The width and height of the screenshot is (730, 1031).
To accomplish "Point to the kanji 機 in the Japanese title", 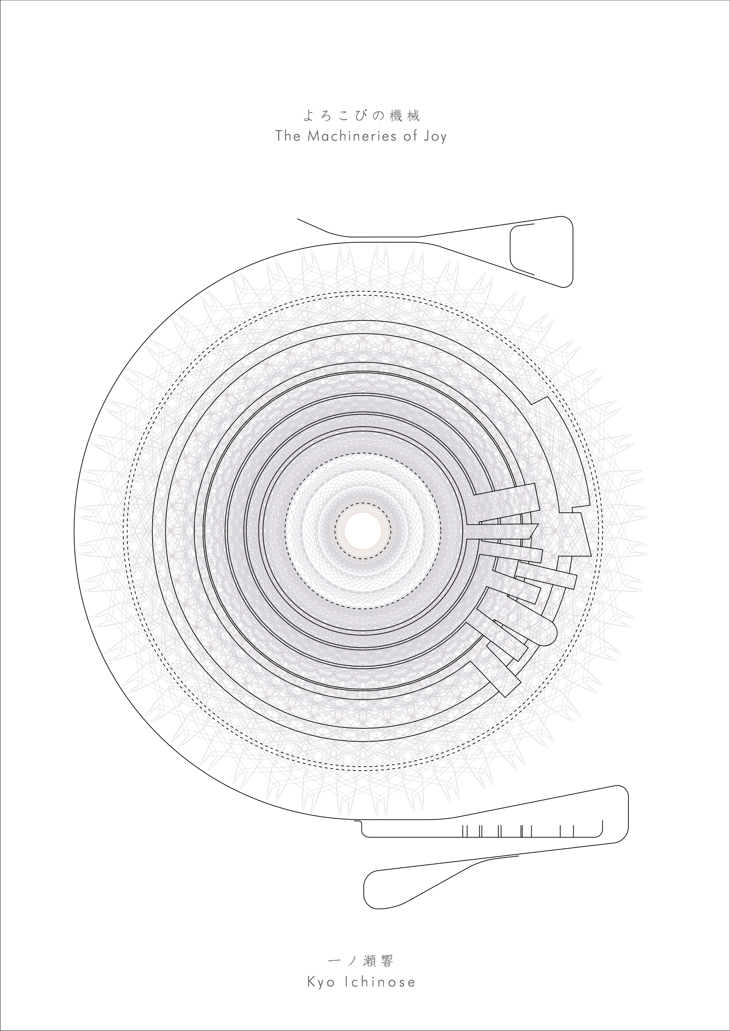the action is (395, 117).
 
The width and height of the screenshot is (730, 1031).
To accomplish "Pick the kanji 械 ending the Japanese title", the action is (413, 117).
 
